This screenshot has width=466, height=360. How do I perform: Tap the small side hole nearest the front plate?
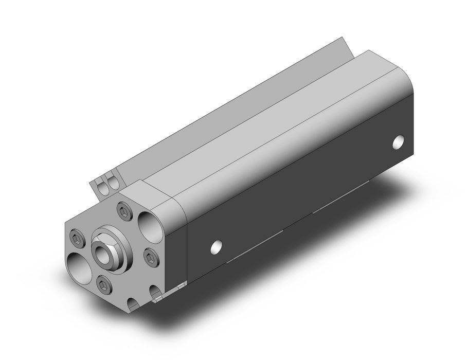[x=217, y=247]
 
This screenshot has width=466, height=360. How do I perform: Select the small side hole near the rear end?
[x=399, y=142]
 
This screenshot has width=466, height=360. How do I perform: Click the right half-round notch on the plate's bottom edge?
[x=156, y=293]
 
